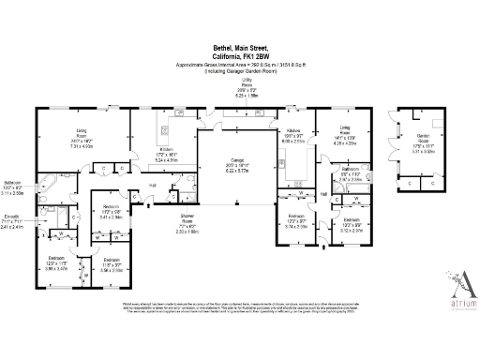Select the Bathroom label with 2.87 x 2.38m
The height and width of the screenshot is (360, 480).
(351, 174)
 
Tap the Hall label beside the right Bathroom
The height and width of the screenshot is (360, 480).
(323, 192)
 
